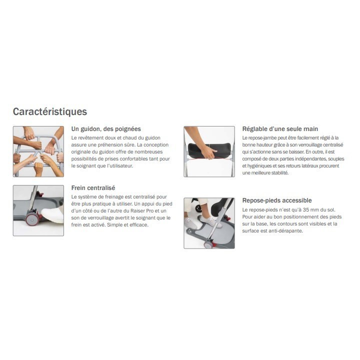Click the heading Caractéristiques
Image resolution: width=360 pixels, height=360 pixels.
click(50, 112)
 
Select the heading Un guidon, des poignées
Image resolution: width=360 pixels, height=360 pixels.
click(106, 129)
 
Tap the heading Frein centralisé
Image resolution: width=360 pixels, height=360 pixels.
click(93, 188)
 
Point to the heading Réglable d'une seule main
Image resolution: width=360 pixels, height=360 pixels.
click(280, 129)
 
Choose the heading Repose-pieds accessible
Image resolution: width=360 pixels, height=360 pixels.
click(277, 200)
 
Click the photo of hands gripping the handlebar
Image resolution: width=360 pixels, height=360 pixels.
click(38, 151)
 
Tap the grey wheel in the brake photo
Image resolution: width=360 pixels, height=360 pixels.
click(32, 219)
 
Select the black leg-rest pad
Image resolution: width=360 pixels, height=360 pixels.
click(209, 149)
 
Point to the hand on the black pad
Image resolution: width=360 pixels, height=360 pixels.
click(208, 152)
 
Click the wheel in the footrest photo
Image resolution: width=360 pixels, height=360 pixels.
click(208, 244)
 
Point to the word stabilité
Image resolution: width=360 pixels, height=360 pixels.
click(280, 173)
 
